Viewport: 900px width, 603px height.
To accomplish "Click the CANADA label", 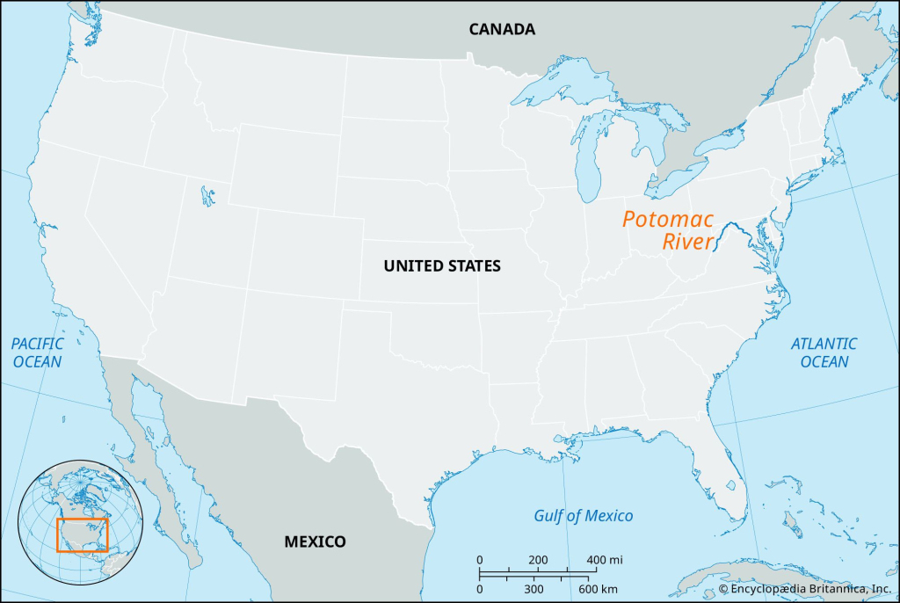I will (501, 29).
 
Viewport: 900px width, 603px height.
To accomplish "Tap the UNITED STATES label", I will (441, 265).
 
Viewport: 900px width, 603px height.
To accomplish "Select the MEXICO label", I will (315, 541).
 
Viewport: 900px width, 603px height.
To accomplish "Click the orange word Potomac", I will (668, 220).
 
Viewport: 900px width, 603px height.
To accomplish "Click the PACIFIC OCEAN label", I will (37, 352).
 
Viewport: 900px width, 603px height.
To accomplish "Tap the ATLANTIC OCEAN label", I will (824, 352).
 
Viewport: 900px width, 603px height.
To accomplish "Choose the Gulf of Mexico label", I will (583, 516).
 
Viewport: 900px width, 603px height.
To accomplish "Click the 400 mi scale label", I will (604, 560).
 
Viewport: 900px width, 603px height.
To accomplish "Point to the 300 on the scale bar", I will (533, 588).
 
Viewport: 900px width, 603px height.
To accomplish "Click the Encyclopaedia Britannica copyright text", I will (805, 588).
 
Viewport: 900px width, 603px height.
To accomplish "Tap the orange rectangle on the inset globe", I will (82, 534).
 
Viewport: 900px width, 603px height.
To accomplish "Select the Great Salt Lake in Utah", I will (207, 194).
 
